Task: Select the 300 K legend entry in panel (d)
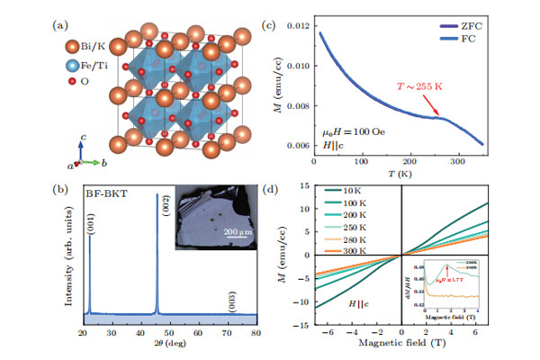click(x=353, y=251)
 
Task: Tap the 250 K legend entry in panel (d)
click(x=353, y=227)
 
